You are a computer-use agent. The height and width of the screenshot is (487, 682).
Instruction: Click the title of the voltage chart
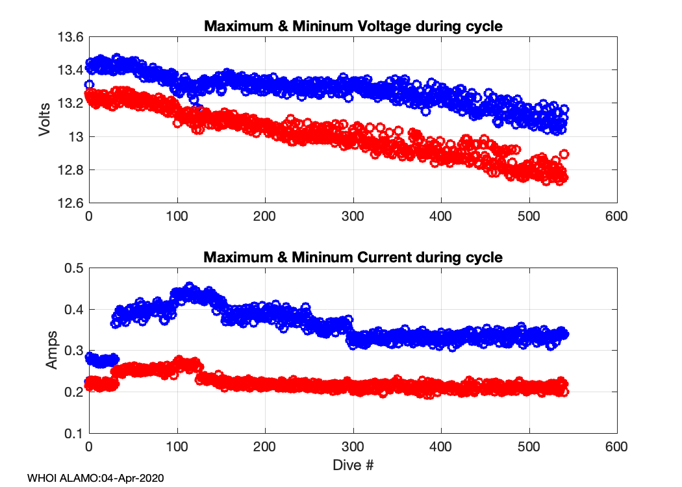coord(353,27)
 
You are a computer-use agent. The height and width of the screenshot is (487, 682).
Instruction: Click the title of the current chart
coord(353,257)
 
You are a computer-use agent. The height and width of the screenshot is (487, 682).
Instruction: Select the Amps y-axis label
coord(51,351)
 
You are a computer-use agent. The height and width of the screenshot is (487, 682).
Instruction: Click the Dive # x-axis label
coord(353,465)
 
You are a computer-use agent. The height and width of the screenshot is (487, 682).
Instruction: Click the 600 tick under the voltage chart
coord(616,216)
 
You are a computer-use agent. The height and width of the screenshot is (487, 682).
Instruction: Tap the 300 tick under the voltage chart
coord(353,216)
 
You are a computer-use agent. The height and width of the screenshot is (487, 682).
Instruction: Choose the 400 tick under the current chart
coord(441,447)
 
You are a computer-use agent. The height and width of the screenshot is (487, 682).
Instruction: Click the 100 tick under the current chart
coord(177,447)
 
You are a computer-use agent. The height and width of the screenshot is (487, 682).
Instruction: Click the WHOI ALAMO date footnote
coord(95,478)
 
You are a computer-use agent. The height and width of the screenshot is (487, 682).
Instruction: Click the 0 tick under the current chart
coord(89,447)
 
